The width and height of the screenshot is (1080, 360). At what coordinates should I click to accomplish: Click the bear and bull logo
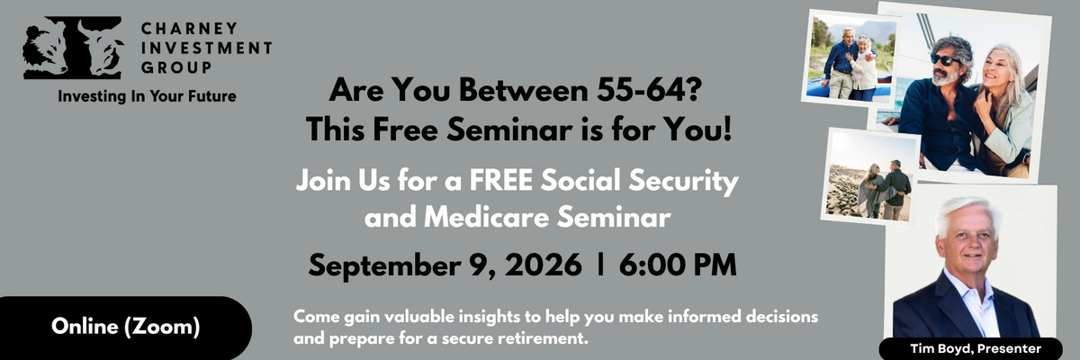pyautogui.click(x=72, y=47)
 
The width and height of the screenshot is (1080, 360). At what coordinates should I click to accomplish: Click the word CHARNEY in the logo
pyautogui.click(x=189, y=29)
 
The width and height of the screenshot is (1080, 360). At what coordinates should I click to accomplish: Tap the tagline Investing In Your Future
pyautogui.click(x=147, y=96)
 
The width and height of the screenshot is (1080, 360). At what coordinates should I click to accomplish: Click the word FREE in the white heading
pyautogui.click(x=501, y=180)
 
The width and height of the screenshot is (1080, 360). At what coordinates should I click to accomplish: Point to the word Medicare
pyautogui.click(x=487, y=217)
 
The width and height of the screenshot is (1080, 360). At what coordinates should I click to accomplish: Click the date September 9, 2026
pyautogui.click(x=445, y=265)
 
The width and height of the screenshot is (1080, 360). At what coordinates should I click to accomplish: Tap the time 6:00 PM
pyautogui.click(x=678, y=265)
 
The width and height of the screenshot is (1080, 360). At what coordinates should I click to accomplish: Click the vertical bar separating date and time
pyautogui.click(x=600, y=265)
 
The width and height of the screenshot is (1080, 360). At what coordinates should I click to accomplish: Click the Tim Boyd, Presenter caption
pyautogui.click(x=976, y=348)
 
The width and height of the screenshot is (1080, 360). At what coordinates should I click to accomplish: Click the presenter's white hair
pyautogui.click(x=968, y=214)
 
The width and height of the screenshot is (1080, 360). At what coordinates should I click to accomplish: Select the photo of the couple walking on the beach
pyautogui.click(x=870, y=177)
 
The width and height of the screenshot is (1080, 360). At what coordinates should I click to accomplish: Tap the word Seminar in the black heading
pyautogui.click(x=509, y=130)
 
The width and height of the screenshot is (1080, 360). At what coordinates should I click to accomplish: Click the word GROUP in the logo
pyautogui.click(x=176, y=67)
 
